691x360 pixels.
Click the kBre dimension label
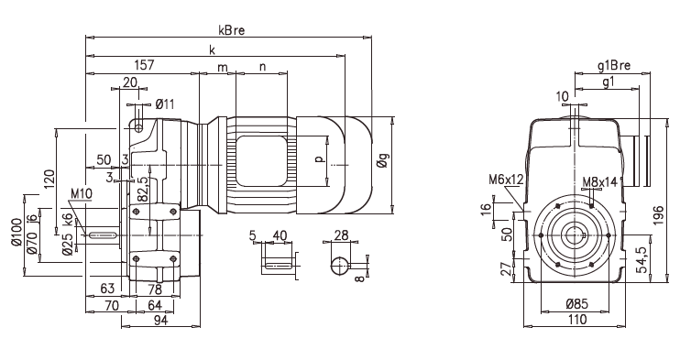(231, 30)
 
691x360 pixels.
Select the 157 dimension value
(144, 65)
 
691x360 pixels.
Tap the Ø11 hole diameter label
(165, 104)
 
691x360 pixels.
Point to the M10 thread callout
(81, 193)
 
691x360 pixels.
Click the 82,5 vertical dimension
(142, 190)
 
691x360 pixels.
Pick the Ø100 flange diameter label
(16, 232)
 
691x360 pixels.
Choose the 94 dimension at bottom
(160, 320)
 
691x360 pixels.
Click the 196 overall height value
(657, 215)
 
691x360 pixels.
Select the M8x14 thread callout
(599, 181)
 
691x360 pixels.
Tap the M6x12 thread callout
(506, 180)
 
